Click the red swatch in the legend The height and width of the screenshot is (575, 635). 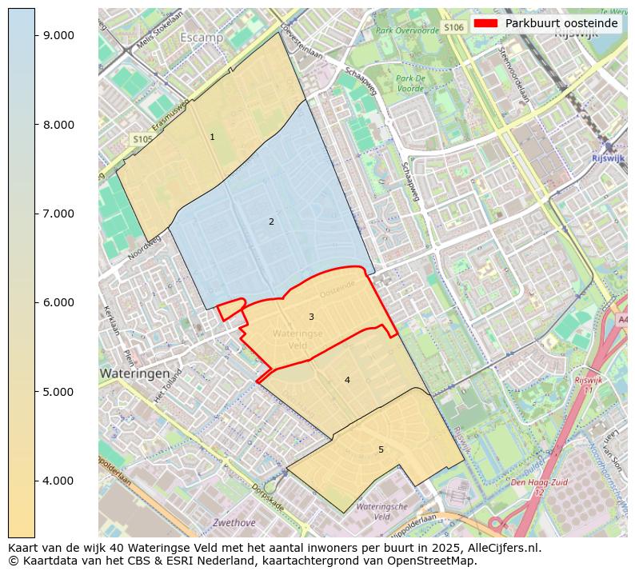pos(485,23)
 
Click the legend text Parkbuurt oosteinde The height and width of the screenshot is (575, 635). pos(561,23)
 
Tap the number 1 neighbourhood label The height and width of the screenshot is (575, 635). pos(212,138)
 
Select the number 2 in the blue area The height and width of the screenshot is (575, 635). pos(271,222)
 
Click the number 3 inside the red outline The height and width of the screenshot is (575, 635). pos(311,317)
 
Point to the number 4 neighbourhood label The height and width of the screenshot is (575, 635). pos(347,381)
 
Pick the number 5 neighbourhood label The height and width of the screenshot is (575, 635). pos(381,449)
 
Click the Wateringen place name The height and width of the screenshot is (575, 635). pos(134,373)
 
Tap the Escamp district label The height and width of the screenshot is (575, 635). pos(202,38)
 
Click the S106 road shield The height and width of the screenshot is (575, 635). pos(453,28)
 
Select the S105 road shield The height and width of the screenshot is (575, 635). pos(142,139)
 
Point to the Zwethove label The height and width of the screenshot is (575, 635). pos(234,523)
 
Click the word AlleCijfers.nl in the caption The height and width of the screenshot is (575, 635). pos(501,548)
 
